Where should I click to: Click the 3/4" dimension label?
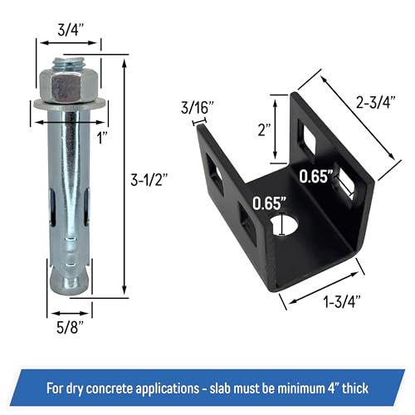click(x=71, y=30)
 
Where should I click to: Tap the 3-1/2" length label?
click(x=149, y=180)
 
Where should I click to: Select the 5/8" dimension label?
click(x=70, y=327)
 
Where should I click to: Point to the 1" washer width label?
click(x=102, y=138)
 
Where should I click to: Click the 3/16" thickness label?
click(x=198, y=107)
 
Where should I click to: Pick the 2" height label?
click(x=264, y=129)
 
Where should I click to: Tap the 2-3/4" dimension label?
click(x=376, y=102)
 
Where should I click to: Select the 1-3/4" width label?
click(x=343, y=301)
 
